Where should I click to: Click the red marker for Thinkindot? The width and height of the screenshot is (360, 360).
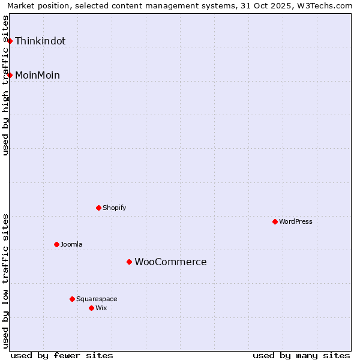(x=10, y=41)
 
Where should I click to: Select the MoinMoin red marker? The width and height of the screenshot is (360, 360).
(x=10, y=75)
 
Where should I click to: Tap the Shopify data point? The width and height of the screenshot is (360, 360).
(x=98, y=208)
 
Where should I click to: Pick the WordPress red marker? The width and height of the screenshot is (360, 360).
(x=275, y=221)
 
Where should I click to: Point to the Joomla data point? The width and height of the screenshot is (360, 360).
(x=56, y=244)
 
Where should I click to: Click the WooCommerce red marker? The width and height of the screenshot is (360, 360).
(x=129, y=262)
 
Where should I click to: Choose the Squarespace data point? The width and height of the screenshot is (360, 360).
(x=72, y=299)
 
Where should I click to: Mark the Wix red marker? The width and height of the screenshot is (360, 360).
(x=91, y=308)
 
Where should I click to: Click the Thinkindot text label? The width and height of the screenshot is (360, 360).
(x=40, y=41)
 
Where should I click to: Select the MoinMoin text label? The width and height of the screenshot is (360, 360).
(x=37, y=76)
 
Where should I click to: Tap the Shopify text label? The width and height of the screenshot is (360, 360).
(x=114, y=208)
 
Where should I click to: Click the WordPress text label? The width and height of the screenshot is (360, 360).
(x=296, y=222)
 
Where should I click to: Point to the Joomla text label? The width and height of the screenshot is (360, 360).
(x=71, y=245)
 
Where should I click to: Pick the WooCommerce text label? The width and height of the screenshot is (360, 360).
(x=170, y=262)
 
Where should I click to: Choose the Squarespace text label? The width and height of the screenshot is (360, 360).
(x=97, y=299)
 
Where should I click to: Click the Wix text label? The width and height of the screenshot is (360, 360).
(x=101, y=308)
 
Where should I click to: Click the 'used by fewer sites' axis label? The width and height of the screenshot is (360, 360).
(x=62, y=355)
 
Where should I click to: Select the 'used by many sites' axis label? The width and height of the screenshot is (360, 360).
(x=301, y=355)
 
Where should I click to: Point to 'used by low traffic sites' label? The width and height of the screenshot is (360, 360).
(x=6, y=281)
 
